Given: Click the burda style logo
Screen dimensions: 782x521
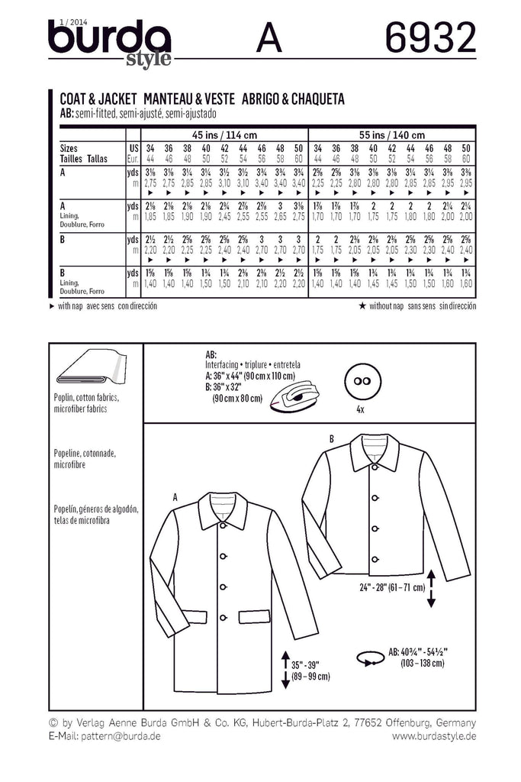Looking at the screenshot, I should tap(109, 42).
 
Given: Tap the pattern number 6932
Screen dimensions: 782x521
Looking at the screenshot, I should tap(431, 37).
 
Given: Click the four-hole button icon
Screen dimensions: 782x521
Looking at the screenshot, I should tap(362, 380).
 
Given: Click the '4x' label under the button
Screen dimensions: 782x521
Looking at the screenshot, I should tap(362, 409).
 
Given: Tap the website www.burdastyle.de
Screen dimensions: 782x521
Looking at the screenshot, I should tap(434, 735).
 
